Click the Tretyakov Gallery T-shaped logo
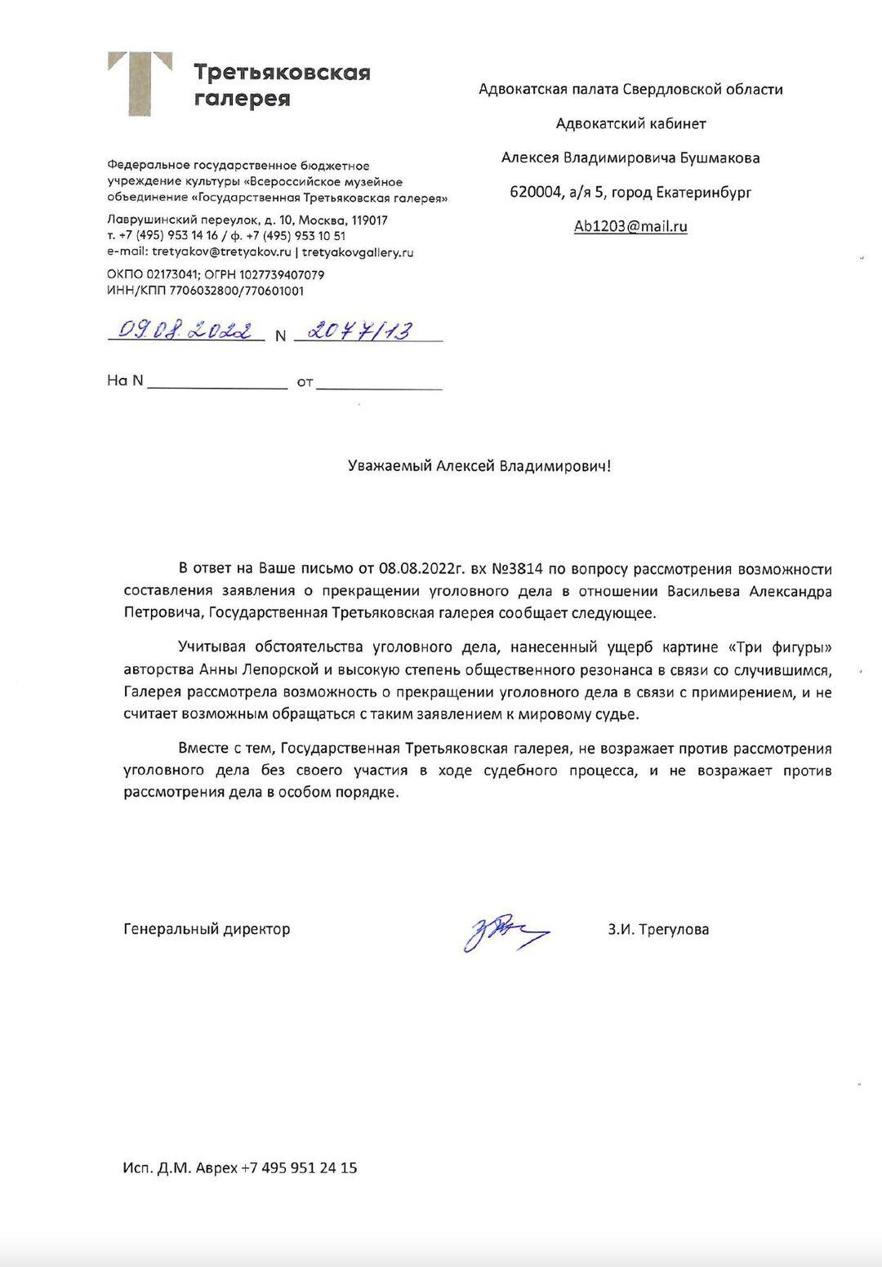(x=140, y=83)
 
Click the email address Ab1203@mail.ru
(x=630, y=227)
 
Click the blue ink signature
(x=504, y=930)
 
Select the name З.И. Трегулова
(x=657, y=929)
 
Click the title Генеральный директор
(x=207, y=929)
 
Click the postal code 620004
(x=535, y=193)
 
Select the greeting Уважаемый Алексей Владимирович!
(x=479, y=466)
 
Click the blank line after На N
(x=216, y=382)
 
